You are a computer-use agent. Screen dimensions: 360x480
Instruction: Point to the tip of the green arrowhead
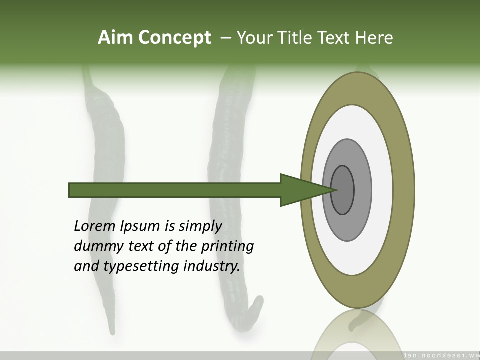[x=334, y=190]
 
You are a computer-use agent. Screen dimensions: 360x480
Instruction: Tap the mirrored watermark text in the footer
[x=440, y=355]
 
